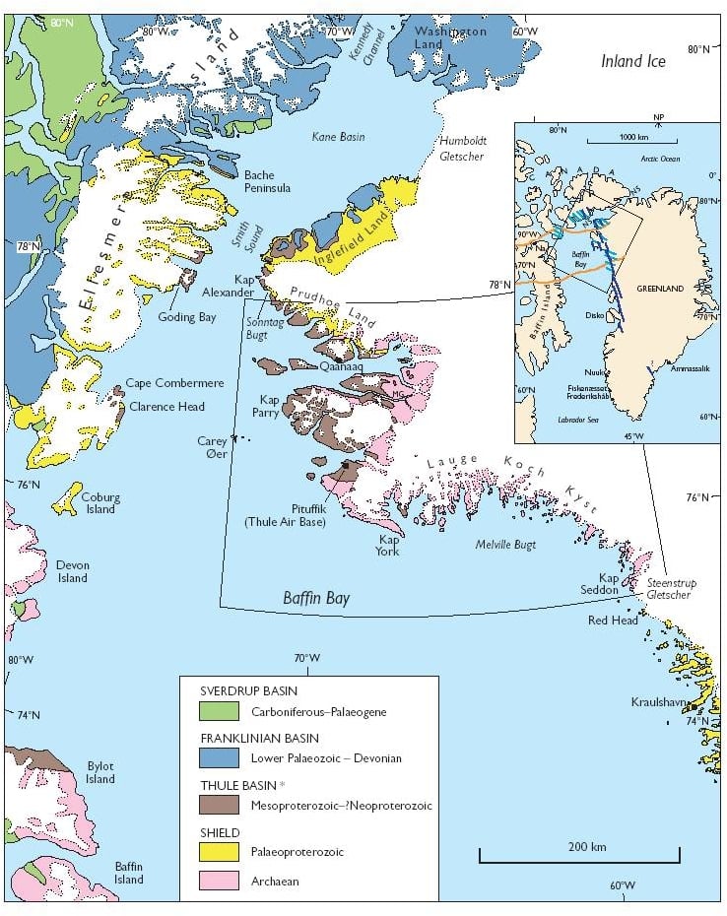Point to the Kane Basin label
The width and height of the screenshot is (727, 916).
click(x=337, y=137)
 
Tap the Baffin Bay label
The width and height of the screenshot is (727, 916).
click(x=316, y=598)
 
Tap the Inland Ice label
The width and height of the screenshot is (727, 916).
click(x=633, y=61)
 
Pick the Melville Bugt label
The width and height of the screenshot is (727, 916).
click(x=504, y=544)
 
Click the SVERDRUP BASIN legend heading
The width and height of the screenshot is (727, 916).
click(x=248, y=691)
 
